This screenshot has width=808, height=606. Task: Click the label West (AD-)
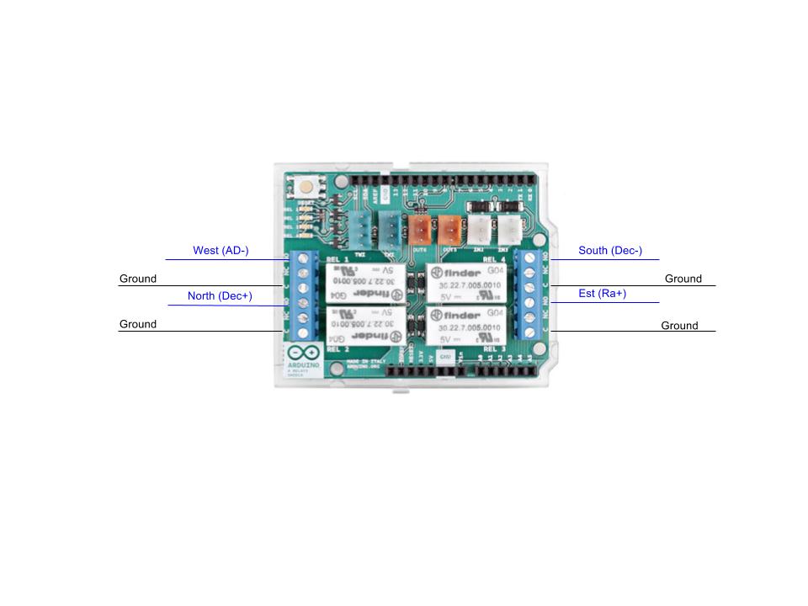point(221,251)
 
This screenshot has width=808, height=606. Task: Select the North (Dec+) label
point(220,296)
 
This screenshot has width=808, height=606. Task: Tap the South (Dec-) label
point(610,251)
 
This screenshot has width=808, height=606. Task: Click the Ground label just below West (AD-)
point(138,279)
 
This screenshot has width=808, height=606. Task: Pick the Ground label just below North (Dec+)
point(138,324)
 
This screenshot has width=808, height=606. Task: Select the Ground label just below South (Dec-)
point(683,279)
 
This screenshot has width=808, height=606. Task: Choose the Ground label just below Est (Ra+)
point(679,326)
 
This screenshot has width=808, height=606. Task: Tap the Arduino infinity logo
point(304,353)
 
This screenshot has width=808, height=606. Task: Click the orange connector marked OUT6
point(419,227)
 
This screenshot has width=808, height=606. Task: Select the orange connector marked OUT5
point(449,227)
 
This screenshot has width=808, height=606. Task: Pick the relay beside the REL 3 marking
point(467,326)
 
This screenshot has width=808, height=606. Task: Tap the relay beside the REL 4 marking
point(467,283)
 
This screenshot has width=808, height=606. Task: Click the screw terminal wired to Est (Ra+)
point(529,301)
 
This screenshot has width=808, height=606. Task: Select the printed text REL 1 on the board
point(338,258)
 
